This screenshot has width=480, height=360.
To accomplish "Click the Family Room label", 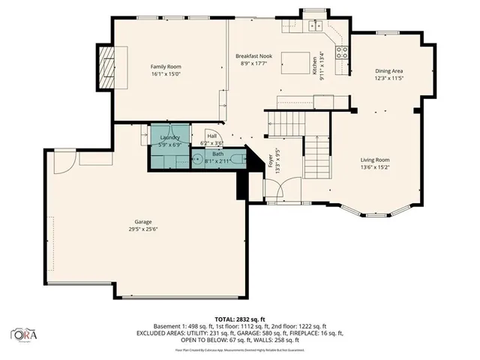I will click(166, 67).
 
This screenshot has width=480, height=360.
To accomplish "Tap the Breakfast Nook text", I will click(253, 57).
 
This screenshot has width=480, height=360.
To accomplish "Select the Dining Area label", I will click(389, 70).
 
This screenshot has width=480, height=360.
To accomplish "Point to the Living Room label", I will click(375, 160).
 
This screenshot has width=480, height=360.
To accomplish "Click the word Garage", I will click(143, 223).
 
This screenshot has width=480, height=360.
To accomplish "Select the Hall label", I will click(212, 136).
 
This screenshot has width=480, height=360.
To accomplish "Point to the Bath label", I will click(217, 154).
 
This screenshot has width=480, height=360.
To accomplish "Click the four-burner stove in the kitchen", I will click(342, 52).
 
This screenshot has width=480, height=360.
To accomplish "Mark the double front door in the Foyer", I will click(283, 190).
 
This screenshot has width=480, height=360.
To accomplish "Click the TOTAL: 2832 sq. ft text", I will click(239, 319).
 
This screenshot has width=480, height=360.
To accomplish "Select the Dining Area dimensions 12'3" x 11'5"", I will click(389, 78).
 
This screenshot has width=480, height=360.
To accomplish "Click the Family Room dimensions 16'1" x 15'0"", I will click(166, 74).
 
